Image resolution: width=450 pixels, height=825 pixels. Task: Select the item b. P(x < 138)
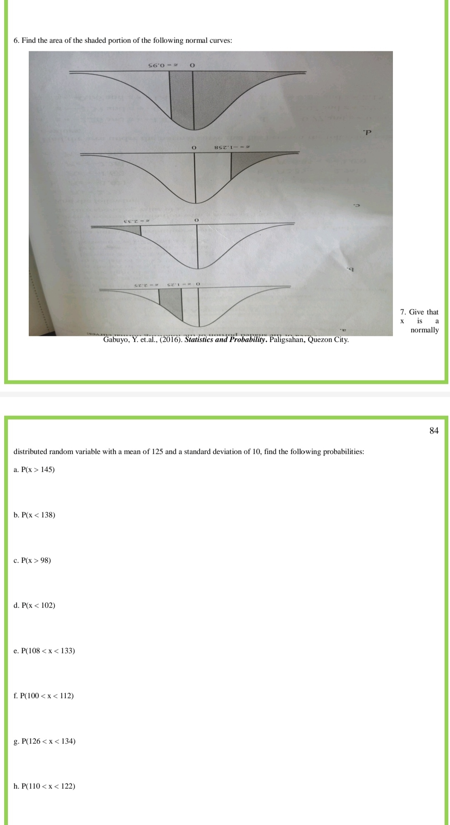[x=35, y=515]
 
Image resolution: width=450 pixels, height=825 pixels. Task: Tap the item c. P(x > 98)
[x=32, y=560]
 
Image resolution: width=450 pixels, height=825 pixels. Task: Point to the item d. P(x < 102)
[x=35, y=605]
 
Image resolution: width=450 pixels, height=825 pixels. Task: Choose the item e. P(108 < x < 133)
[x=45, y=651]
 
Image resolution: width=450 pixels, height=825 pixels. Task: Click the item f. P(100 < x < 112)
[x=44, y=696]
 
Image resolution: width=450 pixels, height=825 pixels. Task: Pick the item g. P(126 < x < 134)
[x=45, y=741]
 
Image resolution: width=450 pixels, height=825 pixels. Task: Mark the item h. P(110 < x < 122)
[x=45, y=786]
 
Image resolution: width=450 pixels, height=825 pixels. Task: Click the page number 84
[x=434, y=431]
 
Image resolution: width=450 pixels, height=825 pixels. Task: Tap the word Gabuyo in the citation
[x=115, y=340]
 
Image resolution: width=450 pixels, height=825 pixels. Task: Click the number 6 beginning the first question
[x=15, y=40]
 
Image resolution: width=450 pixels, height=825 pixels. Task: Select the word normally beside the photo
[x=424, y=330]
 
